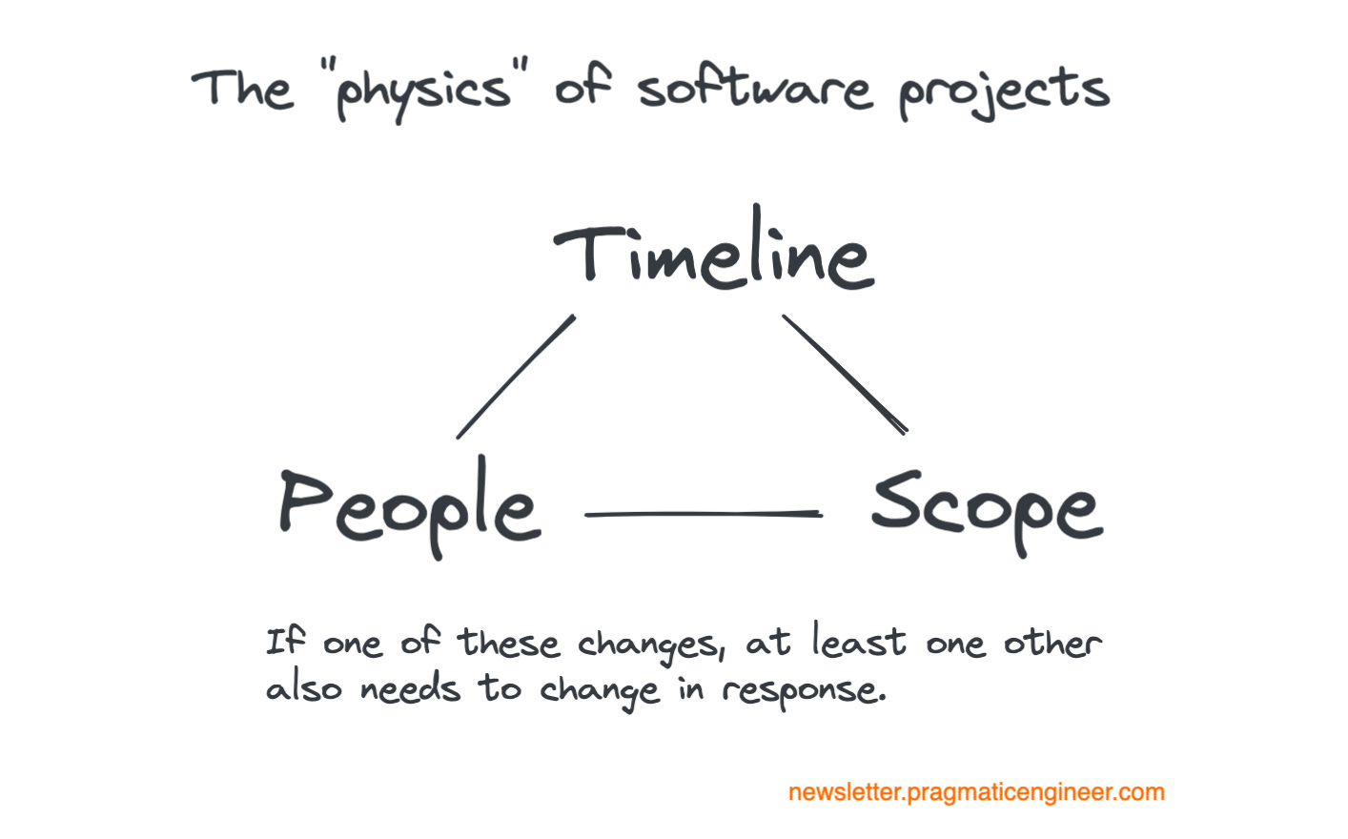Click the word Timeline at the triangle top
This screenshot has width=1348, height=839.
coord(713,253)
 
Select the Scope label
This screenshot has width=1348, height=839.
coord(986,507)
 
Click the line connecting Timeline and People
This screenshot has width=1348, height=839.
coord(516,377)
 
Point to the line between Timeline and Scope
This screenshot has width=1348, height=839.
coord(844,374)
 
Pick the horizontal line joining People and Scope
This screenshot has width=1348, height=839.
coord(703,514)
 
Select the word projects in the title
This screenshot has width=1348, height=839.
coord(1004,92)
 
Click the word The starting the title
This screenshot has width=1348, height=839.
coord(242,90)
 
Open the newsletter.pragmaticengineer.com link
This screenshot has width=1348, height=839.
coord(976,792)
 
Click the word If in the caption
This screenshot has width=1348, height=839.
coord(285,641)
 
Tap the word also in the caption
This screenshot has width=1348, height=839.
coord(303,688)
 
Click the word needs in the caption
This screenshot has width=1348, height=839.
coord(410,688)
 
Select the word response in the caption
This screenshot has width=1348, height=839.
coord(803,690)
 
